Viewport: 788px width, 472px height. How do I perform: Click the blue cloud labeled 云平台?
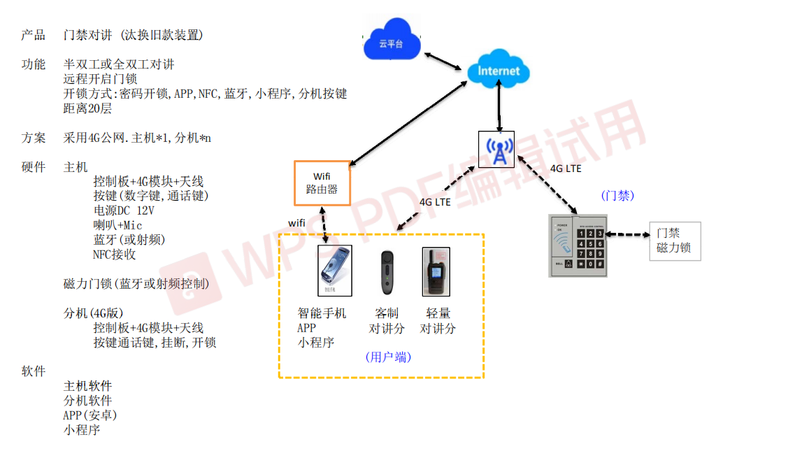392,44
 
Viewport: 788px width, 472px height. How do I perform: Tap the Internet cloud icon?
499,70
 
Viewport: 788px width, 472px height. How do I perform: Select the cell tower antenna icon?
498,150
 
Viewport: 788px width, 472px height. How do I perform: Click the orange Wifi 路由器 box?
322,183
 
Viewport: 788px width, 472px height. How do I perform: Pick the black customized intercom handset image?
387,273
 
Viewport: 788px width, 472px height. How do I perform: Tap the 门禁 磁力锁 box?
675,241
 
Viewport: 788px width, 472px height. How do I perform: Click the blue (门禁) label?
617,196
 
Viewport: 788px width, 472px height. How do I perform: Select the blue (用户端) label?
388,357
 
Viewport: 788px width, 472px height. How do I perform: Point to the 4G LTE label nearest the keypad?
566,169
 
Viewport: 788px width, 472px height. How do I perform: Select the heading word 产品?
33,35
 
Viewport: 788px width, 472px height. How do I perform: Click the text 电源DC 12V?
124,210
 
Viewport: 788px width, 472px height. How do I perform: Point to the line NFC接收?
114,255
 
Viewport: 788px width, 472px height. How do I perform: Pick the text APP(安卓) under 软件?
90,415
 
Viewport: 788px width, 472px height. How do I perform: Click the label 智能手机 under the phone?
322,313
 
